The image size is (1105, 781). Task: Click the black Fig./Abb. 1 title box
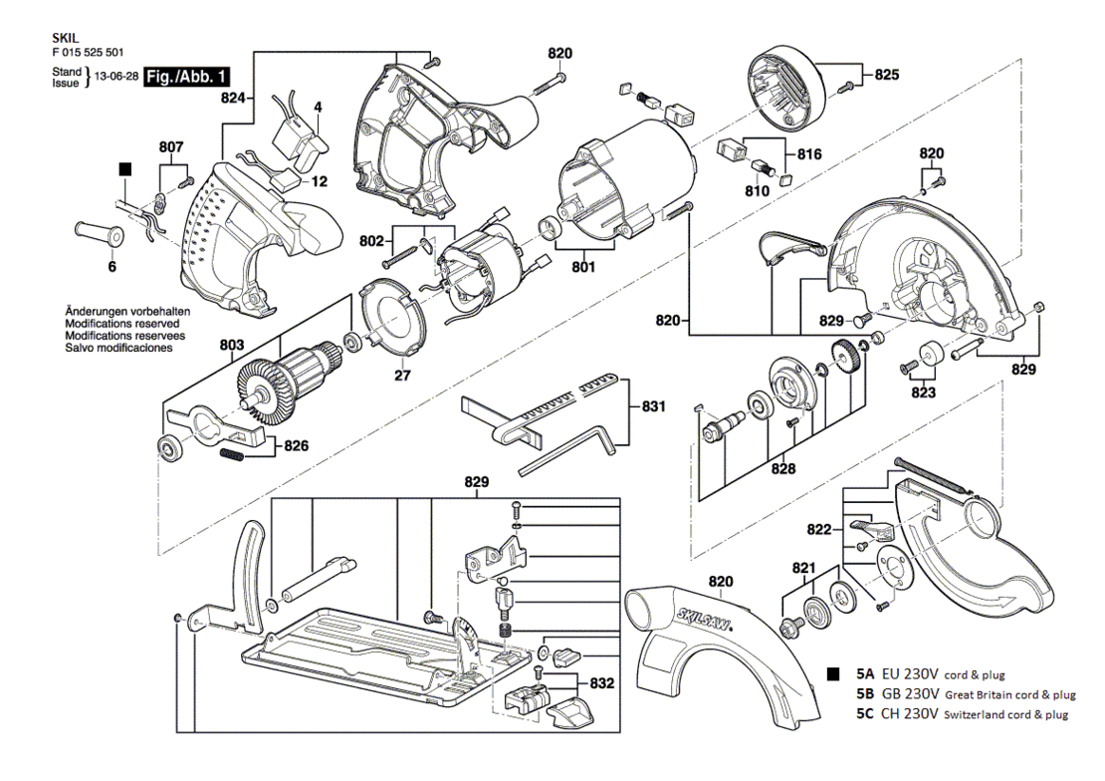pyautogui.click(x=187, y=76)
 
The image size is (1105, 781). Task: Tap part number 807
pyautogui.click(x=171, y=146)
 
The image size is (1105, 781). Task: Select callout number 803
pyautogui.click(x=232, y=345)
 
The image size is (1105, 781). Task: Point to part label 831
pyautogui.click(x=653, y=406)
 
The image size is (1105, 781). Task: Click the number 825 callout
pyautogui.click(x=887, y=74)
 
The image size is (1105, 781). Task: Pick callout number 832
pyautogui.click(x=601, y=683)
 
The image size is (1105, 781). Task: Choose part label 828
pyautogui.click(x=782, y=468)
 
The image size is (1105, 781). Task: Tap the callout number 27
pyautogui.click(x=402, y=376)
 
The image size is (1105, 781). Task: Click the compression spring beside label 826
pyautogui.click(x=232, y=455)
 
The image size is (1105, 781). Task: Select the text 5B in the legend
pyautogui.click(x=865, y=693)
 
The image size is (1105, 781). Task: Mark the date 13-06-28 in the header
pyautogui.click(x=116, y=77)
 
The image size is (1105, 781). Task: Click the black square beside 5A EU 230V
pyautogui.click(x=833, y=673)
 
